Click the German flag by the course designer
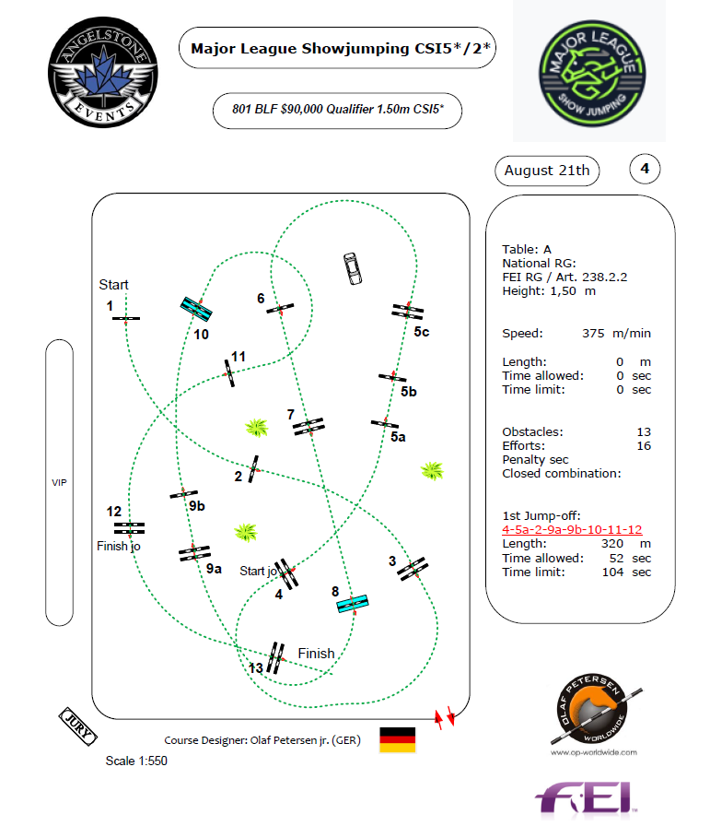click(x=398, y=739)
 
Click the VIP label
click(x=59, y=482)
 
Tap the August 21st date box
click(x=547, y=171)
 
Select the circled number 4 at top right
click(x=645, y=169)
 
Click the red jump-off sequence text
click(x=572, y=530)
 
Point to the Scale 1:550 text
click(x=137, y=761)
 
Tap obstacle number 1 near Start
click(x=125, y=318)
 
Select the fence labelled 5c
click(x=406, y=312)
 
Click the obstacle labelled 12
click(x=129, y=528)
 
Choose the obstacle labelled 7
click(x=308, y=426)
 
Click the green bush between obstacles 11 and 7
click(x=256, y=427)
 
